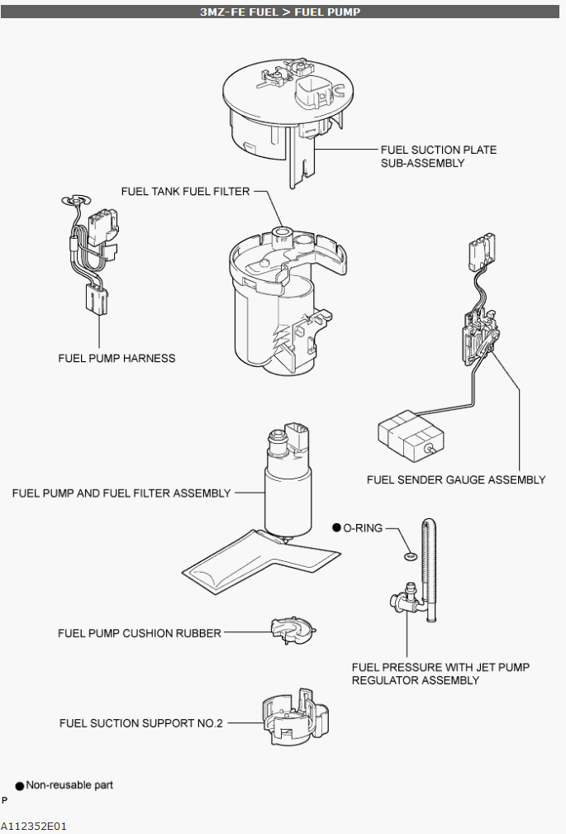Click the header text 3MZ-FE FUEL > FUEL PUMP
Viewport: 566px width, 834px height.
point(280,12)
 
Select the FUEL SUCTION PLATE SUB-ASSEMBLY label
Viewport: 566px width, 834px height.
point(438,156)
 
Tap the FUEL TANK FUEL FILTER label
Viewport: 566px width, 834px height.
point(185,191)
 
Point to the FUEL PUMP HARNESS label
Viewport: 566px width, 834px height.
point(117,358)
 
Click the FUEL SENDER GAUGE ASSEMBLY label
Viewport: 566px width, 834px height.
point(456,479)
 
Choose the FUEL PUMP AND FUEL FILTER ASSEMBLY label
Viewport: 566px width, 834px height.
point(121,493)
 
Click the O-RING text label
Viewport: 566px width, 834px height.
point(363,527)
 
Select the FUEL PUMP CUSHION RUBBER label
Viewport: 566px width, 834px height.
point(140,633)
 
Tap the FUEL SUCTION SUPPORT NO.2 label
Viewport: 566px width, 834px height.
point(141,723)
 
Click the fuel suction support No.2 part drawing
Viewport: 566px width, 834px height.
point(293,718)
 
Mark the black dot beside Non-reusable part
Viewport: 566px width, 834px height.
point(19,785)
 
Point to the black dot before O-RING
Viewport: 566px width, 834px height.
point(336,527)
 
